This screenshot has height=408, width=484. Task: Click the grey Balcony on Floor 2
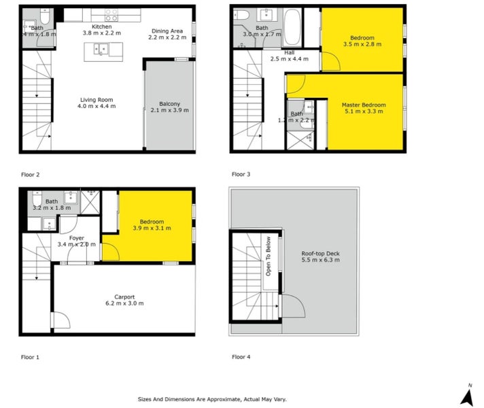coord(169,116)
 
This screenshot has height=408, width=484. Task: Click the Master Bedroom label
coord(364,105)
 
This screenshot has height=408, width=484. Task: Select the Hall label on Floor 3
coord(290,52)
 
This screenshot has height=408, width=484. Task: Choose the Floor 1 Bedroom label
coord(152,222)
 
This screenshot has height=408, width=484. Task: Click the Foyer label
coord(76,238)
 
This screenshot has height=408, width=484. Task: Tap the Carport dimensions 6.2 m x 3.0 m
coord(124,303)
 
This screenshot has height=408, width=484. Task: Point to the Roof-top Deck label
coord(320,254)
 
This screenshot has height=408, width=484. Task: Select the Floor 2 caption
coord(30,175)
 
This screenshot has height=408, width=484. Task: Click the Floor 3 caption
coord(241,175)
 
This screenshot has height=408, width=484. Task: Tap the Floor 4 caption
coord(241,357)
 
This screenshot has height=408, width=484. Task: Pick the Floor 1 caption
coord(30,357)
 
